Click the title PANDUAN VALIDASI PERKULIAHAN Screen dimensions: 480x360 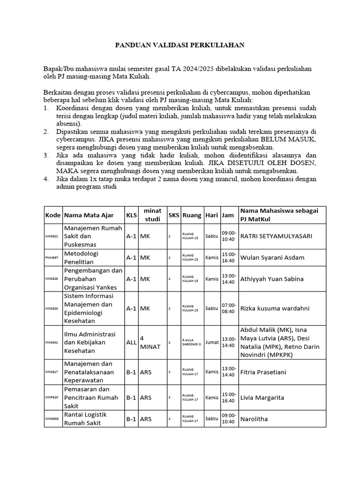[x=180, y=45]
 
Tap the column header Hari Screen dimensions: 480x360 [x=212, y=215]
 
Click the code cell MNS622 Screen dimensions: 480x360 [x=52, y=236]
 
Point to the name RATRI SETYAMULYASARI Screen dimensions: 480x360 [x=276, y=236]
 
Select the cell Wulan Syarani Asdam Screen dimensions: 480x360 [x=272, y=257]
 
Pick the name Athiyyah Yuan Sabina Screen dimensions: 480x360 [x=271, y=278]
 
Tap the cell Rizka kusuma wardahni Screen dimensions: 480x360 [x=275, y=308]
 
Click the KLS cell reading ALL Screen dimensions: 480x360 [x=131, y=342]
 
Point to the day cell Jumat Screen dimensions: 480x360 [x=212, y=342]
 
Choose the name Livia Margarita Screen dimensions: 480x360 [x=262, y=397]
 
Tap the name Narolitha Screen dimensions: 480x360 [x=254, y=419]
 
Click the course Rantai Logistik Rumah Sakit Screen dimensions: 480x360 [x=85, y=419]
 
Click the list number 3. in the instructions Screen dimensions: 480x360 [x=46, y=155]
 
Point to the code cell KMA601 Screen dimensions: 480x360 [x=52, y=342]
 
